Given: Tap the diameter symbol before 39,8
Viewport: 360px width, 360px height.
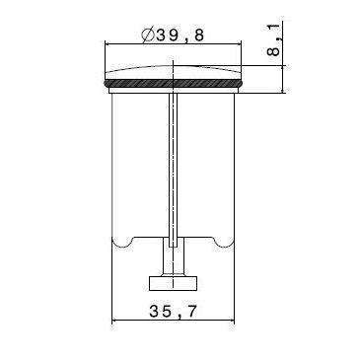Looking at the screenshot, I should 147,36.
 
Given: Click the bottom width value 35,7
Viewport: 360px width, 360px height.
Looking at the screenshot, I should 176,312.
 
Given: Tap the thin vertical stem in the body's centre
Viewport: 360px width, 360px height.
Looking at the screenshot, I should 175,168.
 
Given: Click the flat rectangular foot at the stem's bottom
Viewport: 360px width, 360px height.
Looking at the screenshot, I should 176,284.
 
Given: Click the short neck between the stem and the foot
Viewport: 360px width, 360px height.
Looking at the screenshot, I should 176,264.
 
